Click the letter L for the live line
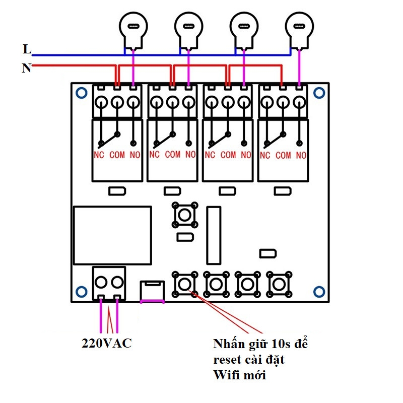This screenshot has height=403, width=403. click(27, 49)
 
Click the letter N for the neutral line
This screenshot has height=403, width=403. click(27, 68)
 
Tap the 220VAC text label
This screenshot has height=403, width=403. click(107, 343)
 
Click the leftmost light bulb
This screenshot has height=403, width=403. click(133, 30)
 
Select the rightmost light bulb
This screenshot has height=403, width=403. click(299, 30)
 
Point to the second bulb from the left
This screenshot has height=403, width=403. click(188, 30)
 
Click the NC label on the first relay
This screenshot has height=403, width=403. click(99, 155)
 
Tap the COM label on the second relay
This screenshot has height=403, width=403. click(173, 155)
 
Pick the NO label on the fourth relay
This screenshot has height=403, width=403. click(301, 155)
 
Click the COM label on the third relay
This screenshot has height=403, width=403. click(228, 155)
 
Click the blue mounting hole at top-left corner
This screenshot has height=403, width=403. click(82, 93)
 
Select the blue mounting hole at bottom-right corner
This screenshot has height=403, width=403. click(319, 292)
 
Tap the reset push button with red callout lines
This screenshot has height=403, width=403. click(184, 284)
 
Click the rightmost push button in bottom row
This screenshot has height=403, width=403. click(279, 284)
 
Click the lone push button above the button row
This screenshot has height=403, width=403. click(185, 215)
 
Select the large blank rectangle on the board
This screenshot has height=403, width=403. click(112, 235)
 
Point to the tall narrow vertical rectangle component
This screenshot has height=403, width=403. click(214, 235)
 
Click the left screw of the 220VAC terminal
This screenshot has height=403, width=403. click(101, 282)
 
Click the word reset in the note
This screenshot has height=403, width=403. click(227, 360)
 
